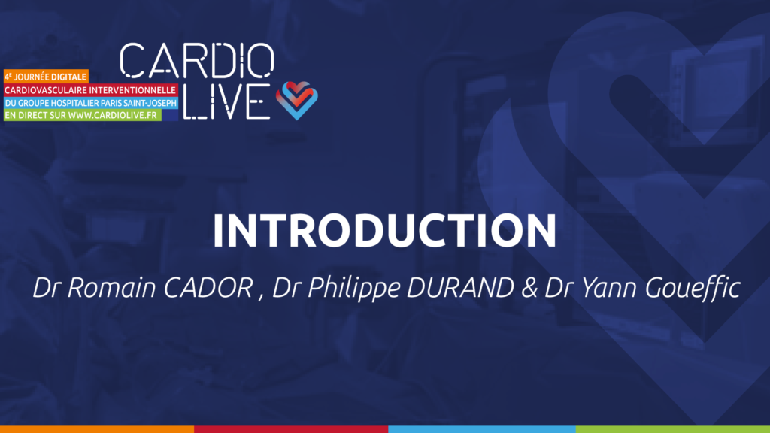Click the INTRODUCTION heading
pos(384,230)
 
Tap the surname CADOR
pos(208,288)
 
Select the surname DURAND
pos(460,288)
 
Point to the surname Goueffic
pos(693,288)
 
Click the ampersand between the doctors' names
pos(529,288)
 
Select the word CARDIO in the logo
pos(197,60)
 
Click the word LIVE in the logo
pos(227,101)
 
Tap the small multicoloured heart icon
pos(296,100)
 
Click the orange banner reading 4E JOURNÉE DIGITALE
pos(46,77)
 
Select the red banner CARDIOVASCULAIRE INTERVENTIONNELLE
pos(90,90)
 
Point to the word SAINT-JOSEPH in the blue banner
pos(150,103)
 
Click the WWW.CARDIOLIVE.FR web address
pos(113,115)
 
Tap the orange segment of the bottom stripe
pos(97,429)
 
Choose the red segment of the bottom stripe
pos(291,429)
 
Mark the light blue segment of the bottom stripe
pos(482,429)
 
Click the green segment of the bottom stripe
pos(673,429)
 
